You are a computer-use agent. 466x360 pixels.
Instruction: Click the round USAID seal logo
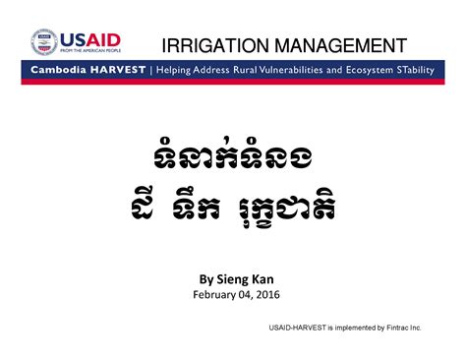(x=45, y=41)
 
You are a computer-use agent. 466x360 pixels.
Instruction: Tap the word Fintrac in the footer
(x=396, y=326)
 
